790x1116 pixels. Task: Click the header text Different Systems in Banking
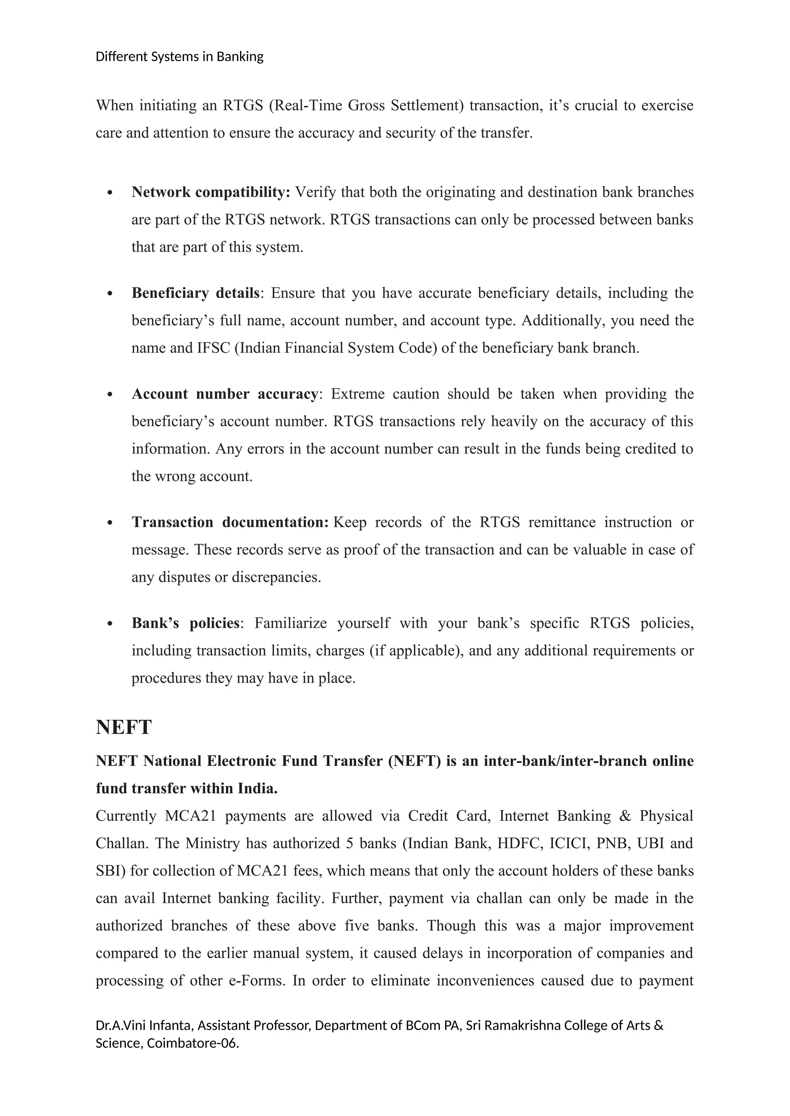point(179,57)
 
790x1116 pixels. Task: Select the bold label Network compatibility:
point(211,192)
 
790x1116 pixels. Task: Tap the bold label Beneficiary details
point(196,293)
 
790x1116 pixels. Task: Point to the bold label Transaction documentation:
point(230,523)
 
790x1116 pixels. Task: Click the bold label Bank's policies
point(185,623)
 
